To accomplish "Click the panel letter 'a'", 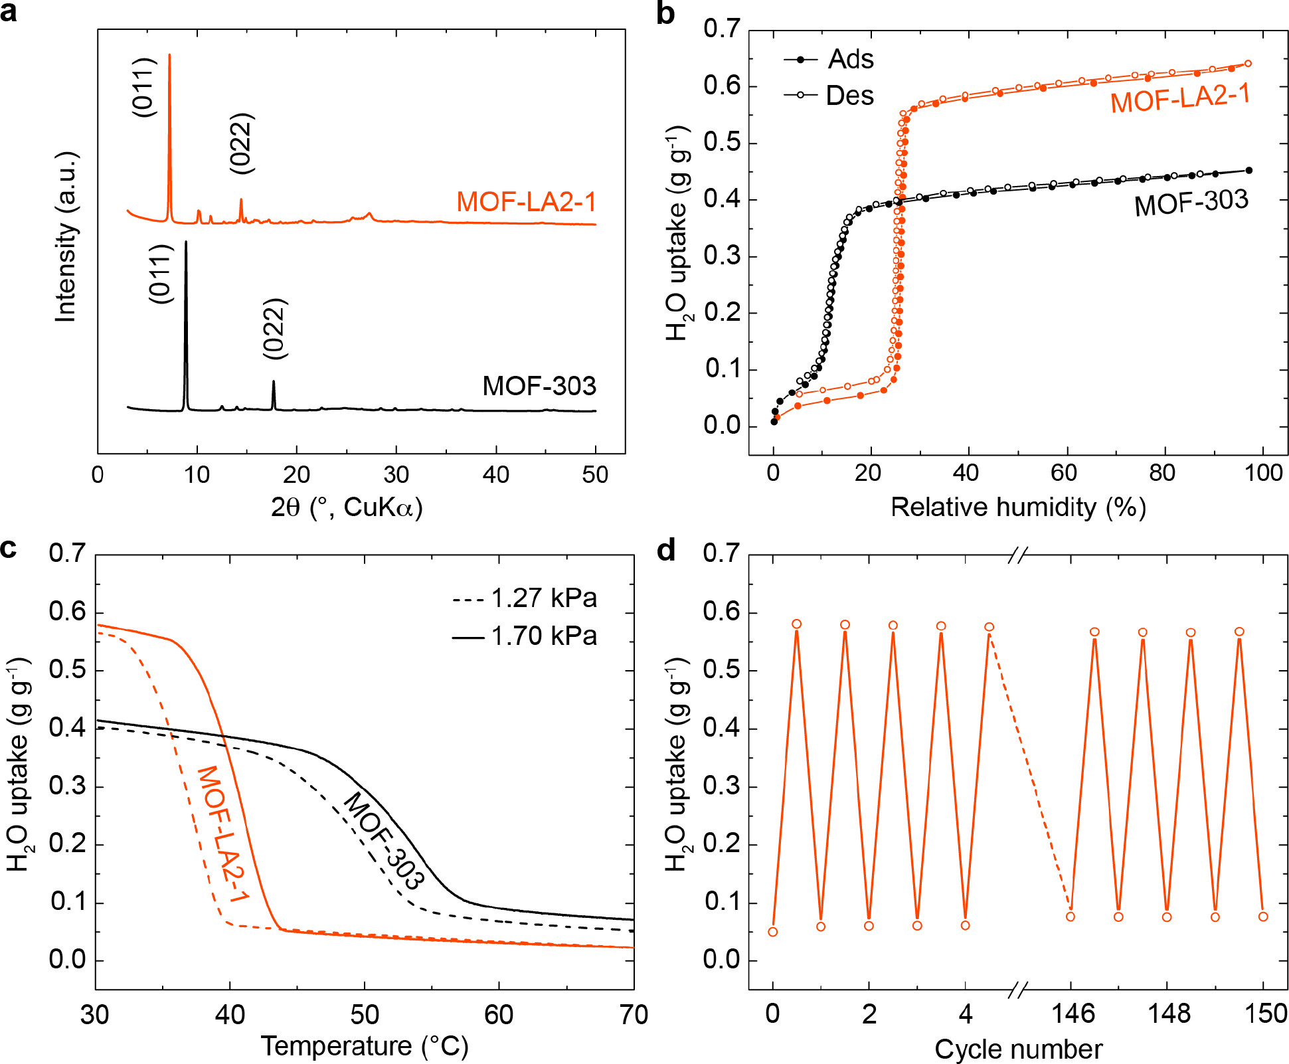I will [9, 12].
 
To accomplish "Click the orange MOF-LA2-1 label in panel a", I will [526, 202].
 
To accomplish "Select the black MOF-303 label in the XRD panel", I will [539, 386].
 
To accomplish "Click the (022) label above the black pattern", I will [274, 329].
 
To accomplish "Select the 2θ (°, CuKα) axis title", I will [347, 507].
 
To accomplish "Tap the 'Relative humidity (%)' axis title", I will [1018, 507].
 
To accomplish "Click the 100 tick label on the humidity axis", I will [1263, 473].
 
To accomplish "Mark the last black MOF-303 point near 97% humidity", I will [1248, 171].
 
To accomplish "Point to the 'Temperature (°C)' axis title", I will [365, 1046].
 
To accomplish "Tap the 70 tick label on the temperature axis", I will [633, 1015].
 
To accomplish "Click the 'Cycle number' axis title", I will [1018, 1049].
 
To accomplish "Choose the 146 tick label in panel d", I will [1073, 1014].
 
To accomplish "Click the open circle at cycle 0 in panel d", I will [772, 932].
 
